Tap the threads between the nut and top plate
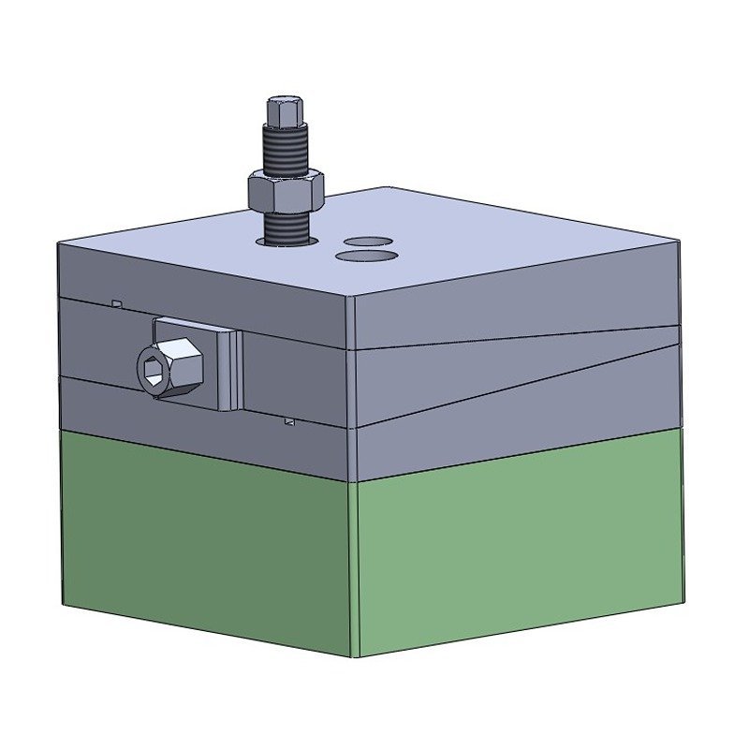click(x=286, y=227)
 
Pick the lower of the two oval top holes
click(x=365, y=254)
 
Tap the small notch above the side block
click(x=115, y=304)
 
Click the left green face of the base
click(x=206, y=543)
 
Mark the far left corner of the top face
click(x=59, y=242)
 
